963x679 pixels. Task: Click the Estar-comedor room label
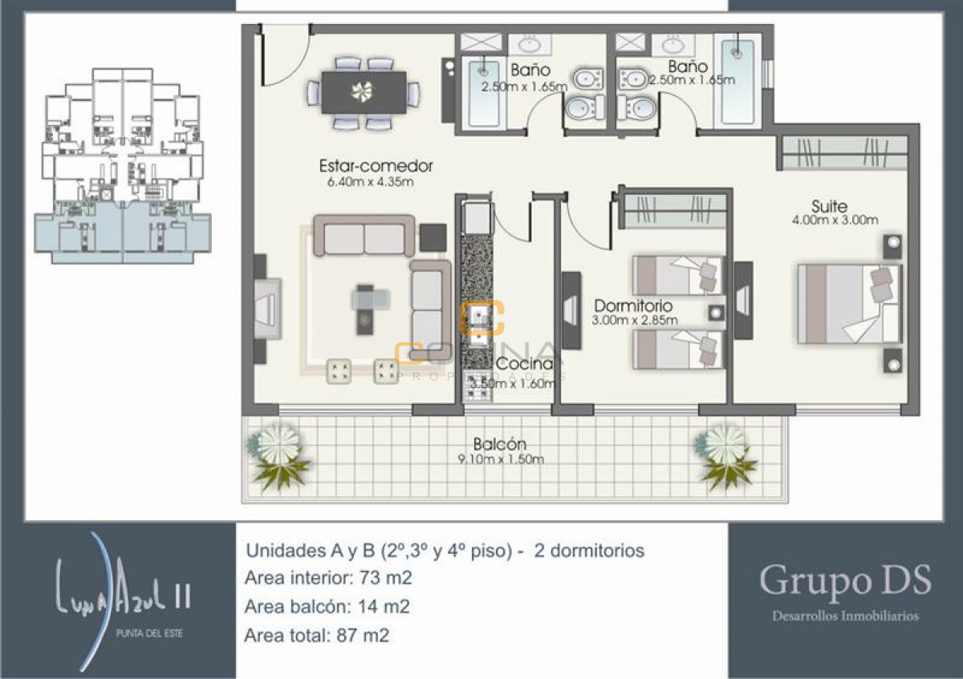click(x=376, y=167)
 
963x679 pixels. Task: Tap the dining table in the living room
click(x=364, y=92)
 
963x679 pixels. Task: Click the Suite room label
click(x=829, y=206)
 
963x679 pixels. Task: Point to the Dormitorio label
click(x=633, y=306)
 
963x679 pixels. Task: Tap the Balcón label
click(x=499, y=444)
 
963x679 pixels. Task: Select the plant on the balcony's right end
click(x=726, y=455)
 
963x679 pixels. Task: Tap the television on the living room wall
click(x=266, y=308)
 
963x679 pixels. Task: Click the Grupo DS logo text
click(x=845, y=580)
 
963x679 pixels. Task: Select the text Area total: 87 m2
click(x=317, y=636)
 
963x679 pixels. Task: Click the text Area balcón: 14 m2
click(x=327, y=607)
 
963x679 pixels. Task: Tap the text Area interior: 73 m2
click(x=328, y=578)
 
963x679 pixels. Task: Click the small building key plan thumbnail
click(x=122, y=164)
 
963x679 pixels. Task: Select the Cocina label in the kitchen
click(x=525, y=364)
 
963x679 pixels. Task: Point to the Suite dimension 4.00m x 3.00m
click(x=835, y=220)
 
